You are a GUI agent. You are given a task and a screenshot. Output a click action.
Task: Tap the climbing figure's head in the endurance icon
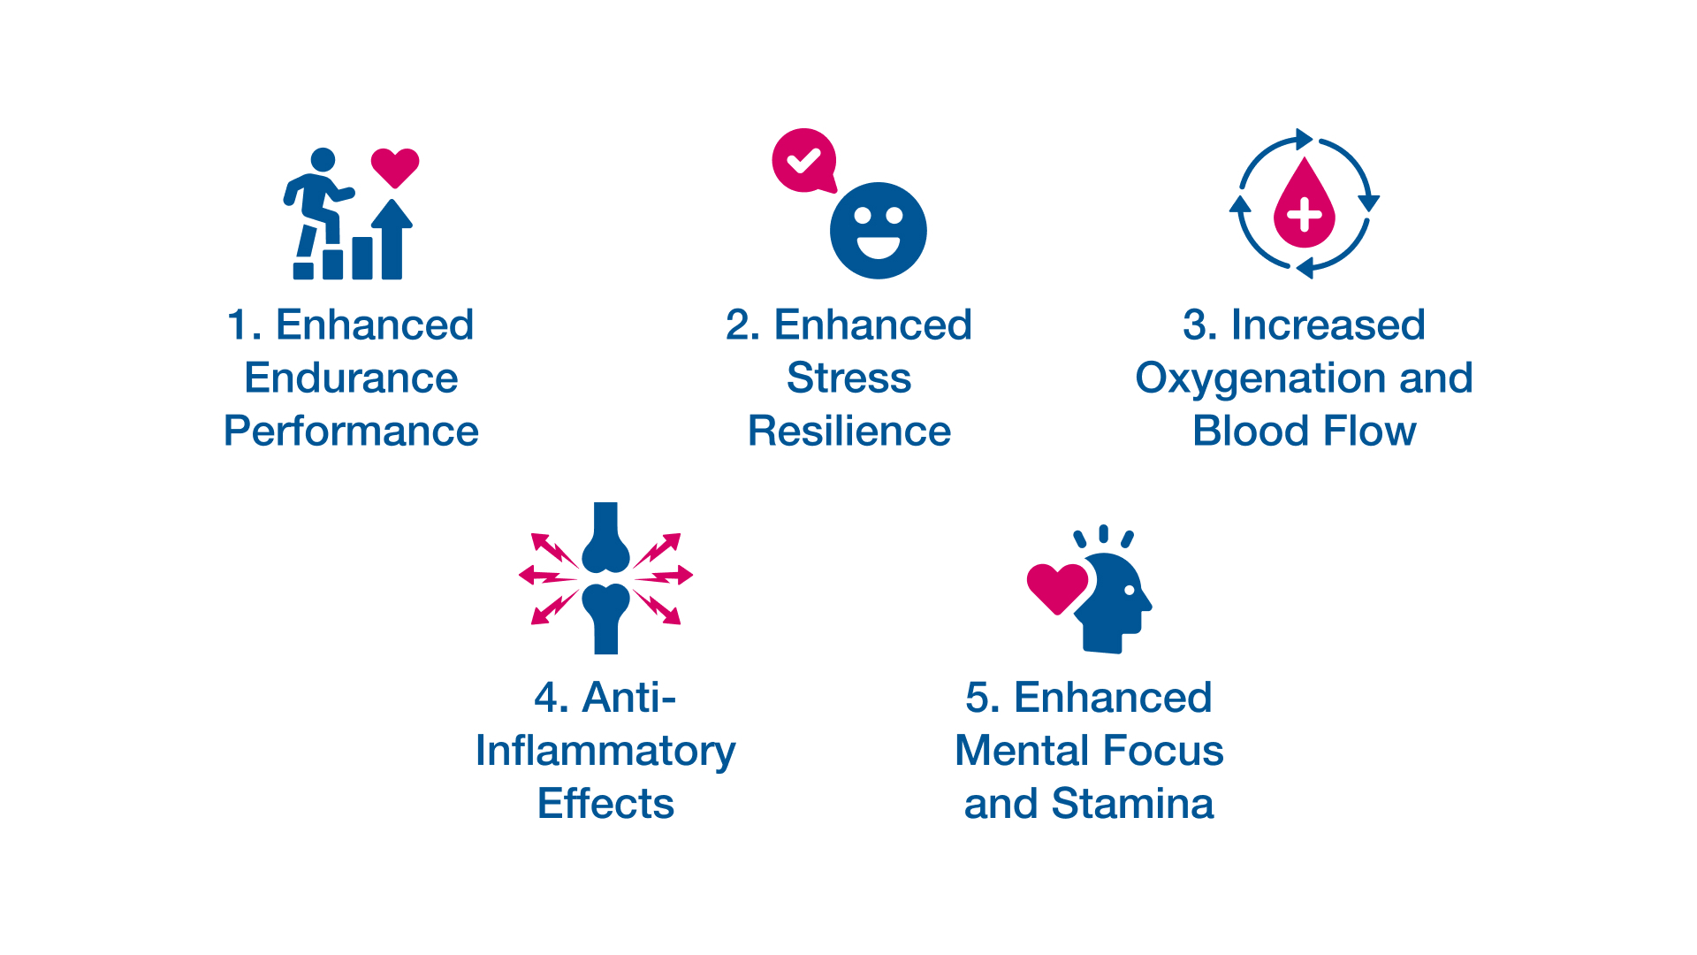[x=323, y=160]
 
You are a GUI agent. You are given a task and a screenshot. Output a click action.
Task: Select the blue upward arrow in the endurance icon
[x=392, y=239]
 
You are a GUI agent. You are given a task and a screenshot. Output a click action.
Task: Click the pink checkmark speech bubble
[x=804, y=161]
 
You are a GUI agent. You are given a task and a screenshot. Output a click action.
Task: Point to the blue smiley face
[x=879, y=231]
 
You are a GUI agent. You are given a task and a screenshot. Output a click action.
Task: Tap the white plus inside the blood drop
[x=1305, y=214]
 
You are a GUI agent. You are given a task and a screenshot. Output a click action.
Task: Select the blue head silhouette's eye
[x=1128, y=590]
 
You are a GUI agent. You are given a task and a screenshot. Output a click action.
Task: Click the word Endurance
[x=351, y=378]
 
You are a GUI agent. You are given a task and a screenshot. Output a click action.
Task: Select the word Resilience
[x=849, y=432]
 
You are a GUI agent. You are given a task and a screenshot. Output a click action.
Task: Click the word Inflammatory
[x=605, y=753]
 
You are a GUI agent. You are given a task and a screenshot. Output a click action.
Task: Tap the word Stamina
[x=1133, y=804]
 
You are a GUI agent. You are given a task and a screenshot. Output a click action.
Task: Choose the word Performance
[x=351, y=432]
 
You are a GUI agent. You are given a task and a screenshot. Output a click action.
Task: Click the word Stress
[x=848, y=378]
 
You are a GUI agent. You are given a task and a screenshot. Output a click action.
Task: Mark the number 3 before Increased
[x=1195, y=325]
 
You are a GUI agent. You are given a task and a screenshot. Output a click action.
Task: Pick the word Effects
[x=605, y=804]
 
